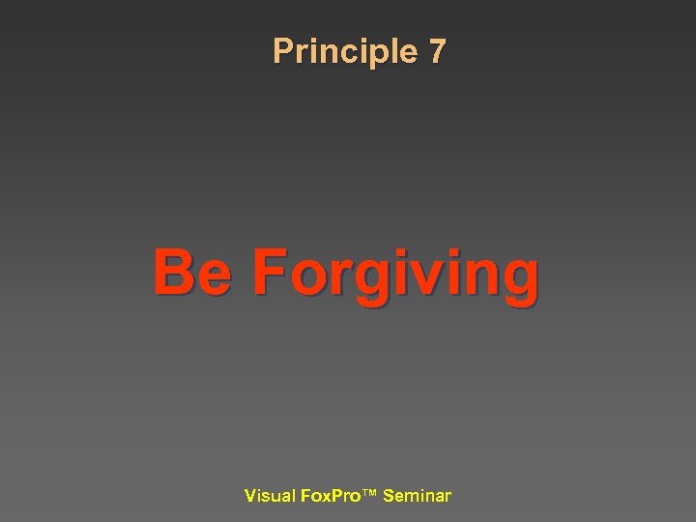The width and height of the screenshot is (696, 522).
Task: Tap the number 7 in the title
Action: (437, 51)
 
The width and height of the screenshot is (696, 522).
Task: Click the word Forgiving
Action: (395, 275)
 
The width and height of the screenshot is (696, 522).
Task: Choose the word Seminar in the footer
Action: (417, 496)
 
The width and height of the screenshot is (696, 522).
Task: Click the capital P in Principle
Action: (282, 51)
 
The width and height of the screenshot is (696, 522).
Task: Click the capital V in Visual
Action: (250, 496)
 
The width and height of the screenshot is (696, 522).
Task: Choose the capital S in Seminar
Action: (389, 496)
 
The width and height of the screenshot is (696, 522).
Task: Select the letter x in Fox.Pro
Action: (325, 497)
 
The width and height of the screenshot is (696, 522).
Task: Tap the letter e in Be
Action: (215, 276)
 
